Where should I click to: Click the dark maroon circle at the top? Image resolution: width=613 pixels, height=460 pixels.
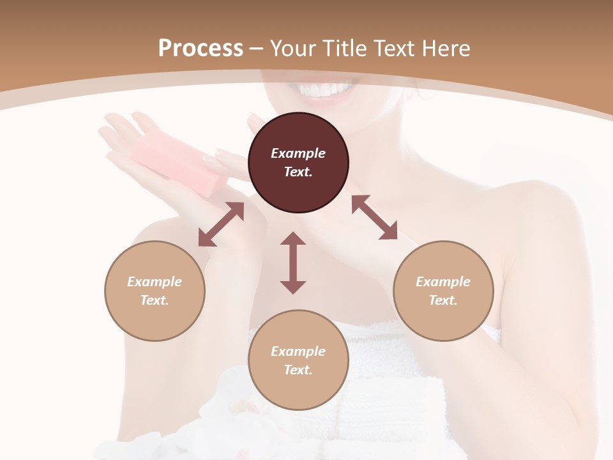pos(298,162)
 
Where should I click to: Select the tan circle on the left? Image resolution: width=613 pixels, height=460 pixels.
pos(155,291)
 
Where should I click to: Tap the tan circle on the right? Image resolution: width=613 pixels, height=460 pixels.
pos(443,291)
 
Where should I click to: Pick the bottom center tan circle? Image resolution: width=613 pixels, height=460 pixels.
pos(298,360)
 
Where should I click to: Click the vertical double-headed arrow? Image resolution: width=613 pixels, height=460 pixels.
pos(293,263)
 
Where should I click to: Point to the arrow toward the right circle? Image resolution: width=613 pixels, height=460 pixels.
pos(374,217)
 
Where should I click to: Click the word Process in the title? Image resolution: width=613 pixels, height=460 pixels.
pos(201,49)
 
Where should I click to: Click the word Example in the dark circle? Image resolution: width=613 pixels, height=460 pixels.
pos(298,153)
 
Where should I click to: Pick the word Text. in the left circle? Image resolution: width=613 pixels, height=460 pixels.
pos(155,300)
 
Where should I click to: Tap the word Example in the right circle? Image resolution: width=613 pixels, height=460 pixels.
pos(443,282)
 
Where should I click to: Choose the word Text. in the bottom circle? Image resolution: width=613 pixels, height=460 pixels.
pos(298,370)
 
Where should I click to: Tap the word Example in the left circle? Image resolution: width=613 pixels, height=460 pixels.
pos(155,282)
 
